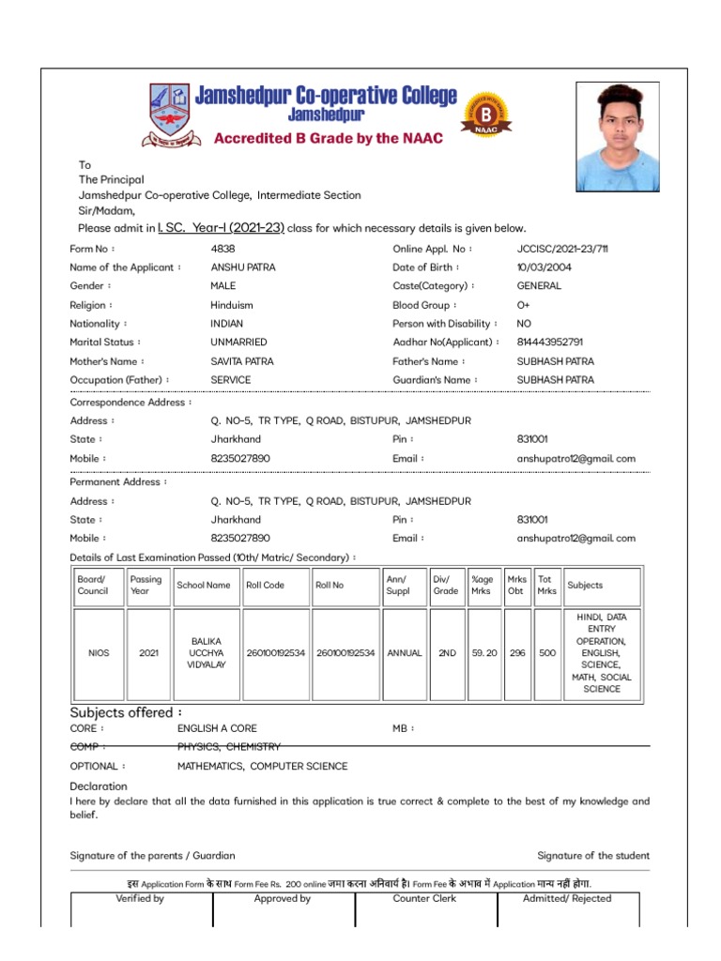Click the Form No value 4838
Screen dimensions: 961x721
[222, 249]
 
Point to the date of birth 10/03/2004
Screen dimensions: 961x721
[544, 267]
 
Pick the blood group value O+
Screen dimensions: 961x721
[523, 305]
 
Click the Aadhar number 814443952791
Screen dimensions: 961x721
[549, 343]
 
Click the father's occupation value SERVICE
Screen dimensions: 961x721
[230, 380]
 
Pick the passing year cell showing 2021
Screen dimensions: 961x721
[148, 653]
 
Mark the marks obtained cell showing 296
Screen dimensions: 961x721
[517, 653]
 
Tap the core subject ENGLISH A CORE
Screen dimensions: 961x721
[217, 728]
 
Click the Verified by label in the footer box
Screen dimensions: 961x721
[140, 899]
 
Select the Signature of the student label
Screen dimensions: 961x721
[592, 856]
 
